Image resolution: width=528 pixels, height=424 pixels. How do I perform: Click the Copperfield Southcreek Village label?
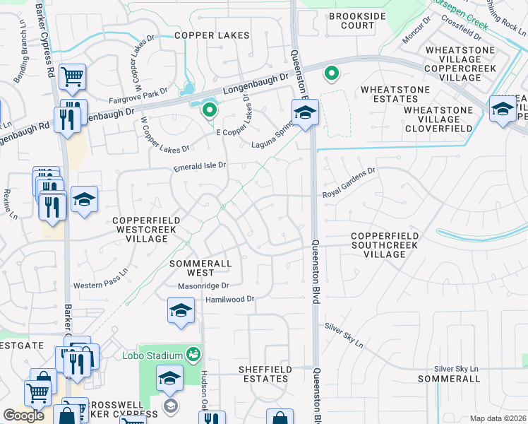[x=385, y=240]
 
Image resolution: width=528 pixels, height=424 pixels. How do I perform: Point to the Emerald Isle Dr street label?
[x=200, y=166]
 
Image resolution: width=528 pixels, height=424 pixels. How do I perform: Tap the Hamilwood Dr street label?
[x=229, y=300]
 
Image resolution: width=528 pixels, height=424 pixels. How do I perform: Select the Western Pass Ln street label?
[x=101, y=278]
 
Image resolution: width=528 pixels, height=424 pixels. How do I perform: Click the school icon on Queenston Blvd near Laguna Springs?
[x=306, y=113]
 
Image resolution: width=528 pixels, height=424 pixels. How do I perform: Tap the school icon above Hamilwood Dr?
[x=181, y=311]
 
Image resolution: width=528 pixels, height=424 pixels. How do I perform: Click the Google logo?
[x=23, y=415]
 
